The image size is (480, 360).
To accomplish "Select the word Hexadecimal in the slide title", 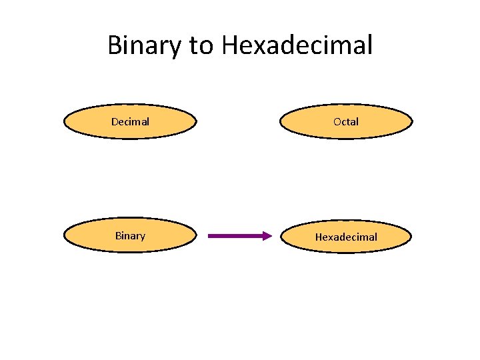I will point(297,45).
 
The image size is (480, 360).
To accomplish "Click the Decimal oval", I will point(130,121).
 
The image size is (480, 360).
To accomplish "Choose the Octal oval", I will point(346,121).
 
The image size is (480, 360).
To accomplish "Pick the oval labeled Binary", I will point(130,235).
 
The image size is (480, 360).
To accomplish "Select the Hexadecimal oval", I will point(346,237).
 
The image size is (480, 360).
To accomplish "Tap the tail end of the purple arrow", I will point(210,235).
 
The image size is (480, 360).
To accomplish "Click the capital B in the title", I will point(115,45).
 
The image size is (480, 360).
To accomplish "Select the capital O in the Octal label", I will point(337,121).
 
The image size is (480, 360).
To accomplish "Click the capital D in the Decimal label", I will point(115,121).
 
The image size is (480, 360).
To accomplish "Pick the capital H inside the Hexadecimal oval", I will point(319,237).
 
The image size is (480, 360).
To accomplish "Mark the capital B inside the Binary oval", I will point(118,235).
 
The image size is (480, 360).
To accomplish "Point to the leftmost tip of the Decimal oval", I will point(64,122).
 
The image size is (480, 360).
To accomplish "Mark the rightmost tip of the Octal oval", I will point(412,122).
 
